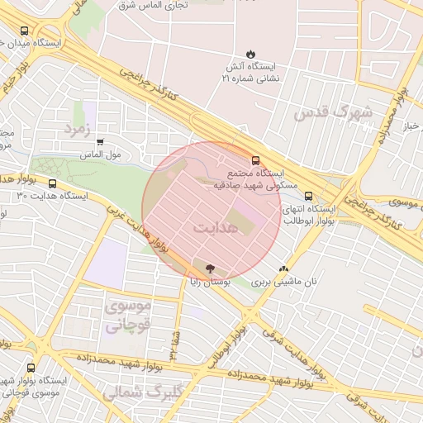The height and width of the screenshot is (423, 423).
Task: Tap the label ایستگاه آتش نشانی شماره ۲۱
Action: click(252, 72)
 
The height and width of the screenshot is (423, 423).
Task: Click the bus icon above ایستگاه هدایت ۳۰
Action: click(53, 184)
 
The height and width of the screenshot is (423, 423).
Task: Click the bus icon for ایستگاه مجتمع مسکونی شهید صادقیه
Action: click(255, 160)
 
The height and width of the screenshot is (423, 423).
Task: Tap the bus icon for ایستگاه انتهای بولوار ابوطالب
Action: click(308, 197)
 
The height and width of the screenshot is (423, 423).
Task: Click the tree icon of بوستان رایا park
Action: click(209, 268)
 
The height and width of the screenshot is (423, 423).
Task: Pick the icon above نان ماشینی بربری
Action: click(284, 269)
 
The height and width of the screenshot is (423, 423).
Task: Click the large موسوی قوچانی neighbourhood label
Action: click(127, 315)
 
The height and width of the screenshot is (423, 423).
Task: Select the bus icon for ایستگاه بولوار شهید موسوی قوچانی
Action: click(31, 368)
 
